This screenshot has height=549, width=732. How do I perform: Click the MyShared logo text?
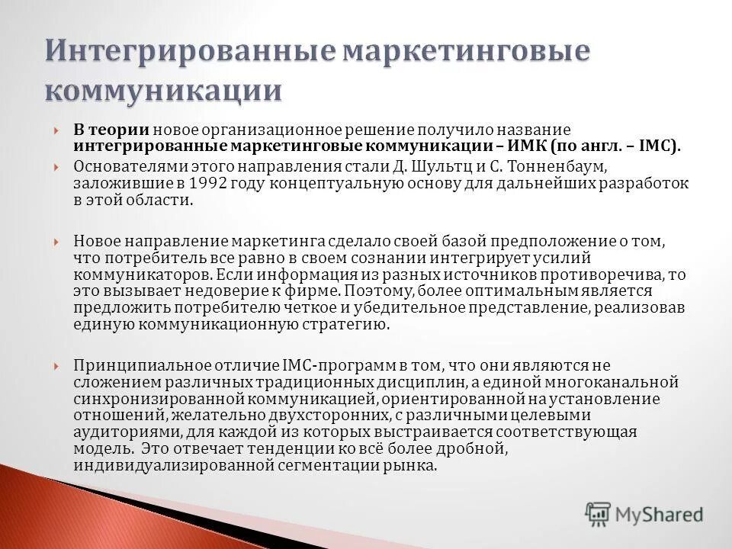(660, 515)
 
